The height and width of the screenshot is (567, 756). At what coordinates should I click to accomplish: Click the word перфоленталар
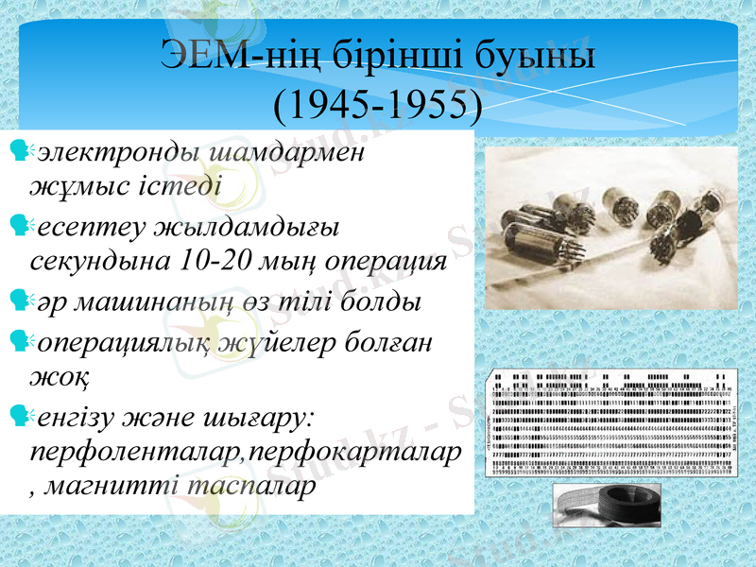pos(136,452)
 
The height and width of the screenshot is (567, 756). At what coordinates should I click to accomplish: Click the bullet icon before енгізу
pos(18,414)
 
